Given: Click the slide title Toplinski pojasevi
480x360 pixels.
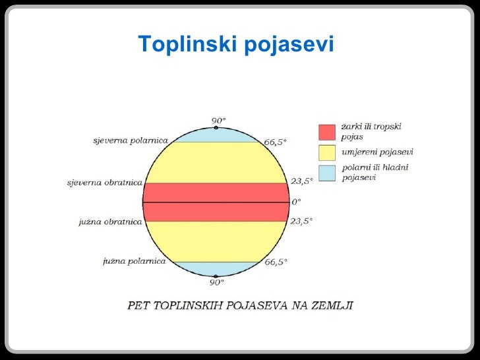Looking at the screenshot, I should tap(236, 44).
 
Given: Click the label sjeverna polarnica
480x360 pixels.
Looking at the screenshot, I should tap(130, 140).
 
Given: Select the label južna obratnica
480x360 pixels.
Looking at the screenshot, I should tap(110, 222).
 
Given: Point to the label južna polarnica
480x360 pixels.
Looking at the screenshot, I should tap(135, 262).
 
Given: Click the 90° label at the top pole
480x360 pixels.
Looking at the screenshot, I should tap(218, 120).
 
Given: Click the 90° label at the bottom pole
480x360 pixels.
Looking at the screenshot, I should tap(218, 282).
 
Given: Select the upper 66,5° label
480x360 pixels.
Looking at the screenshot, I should tap(276, 142).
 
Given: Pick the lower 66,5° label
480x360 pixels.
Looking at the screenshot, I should tap(276, 262).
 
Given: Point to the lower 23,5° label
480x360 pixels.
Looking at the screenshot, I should tap(301, 222).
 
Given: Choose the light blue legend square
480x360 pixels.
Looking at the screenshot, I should tap(327, 173).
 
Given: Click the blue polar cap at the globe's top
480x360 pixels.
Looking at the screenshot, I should tap(216, 133).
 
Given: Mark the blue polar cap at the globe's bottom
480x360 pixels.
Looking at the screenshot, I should tap(216, 268).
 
